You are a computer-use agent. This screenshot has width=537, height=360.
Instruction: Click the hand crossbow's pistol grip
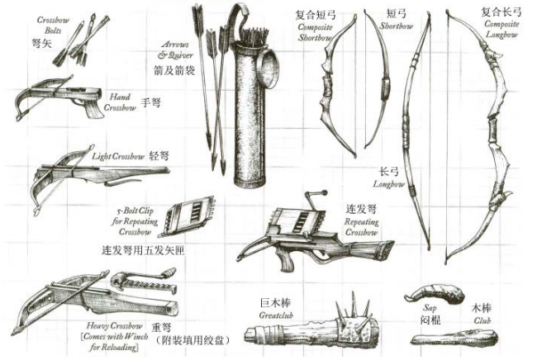click(x=93, y=109)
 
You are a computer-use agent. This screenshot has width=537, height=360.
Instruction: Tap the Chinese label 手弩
click(x=150, y=102)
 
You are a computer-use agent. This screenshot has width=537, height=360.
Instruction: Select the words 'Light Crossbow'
click(x=118, y=157)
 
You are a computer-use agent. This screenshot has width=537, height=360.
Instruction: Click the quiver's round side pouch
click(x=268, y=69)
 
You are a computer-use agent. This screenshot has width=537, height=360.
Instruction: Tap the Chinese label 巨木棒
click(x=275, y=303)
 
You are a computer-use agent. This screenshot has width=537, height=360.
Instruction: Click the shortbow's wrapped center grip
click(x=385, y=88)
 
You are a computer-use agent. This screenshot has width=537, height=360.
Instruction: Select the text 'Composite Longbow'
click(x=501, y=29)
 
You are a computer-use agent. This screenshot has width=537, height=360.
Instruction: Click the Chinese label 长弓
click(x=389, y=171)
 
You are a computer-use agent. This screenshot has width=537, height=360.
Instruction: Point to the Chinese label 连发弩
click(x=361, y=209)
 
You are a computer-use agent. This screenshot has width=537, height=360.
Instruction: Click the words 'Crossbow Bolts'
click(x=53, y=26)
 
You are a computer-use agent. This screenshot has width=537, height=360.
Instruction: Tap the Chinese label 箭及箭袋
click(x=174, y=69)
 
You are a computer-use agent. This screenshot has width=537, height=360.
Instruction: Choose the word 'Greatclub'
click(x=276, y=315)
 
